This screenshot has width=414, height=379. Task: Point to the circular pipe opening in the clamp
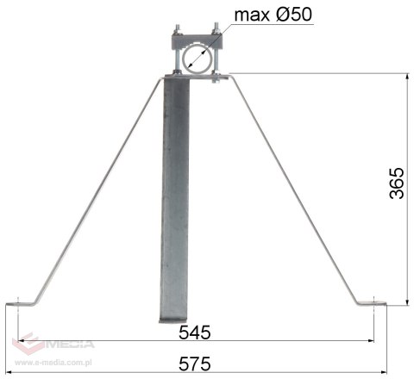198,59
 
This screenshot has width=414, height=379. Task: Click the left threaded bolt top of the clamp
179,29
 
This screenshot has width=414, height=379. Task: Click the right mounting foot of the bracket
377,302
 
